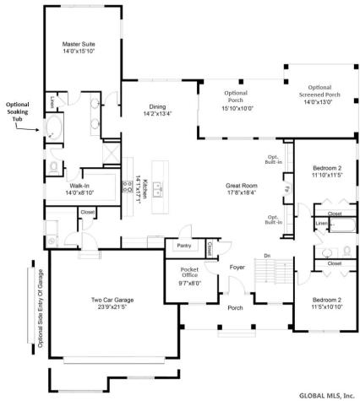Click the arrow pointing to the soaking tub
click(x=33, y=129)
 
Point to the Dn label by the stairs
click(x=266, y=255)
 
